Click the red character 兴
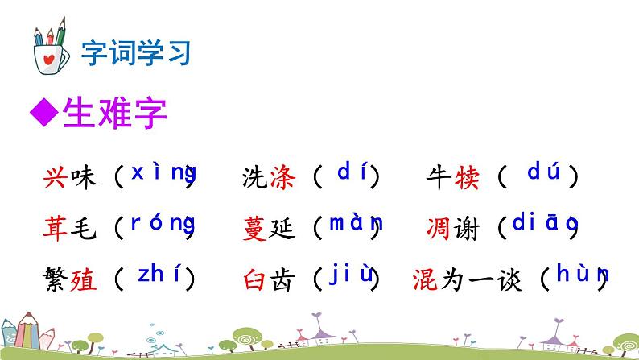(x=56, y=176)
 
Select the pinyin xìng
(x=163, y=172)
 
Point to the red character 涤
(x=283, y=176)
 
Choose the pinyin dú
(x=542, y=172)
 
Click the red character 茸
(x=56, y=229)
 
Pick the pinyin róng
(x=163, y=224)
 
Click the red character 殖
(x=82, y=279)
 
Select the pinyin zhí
(x=163, y=275)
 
